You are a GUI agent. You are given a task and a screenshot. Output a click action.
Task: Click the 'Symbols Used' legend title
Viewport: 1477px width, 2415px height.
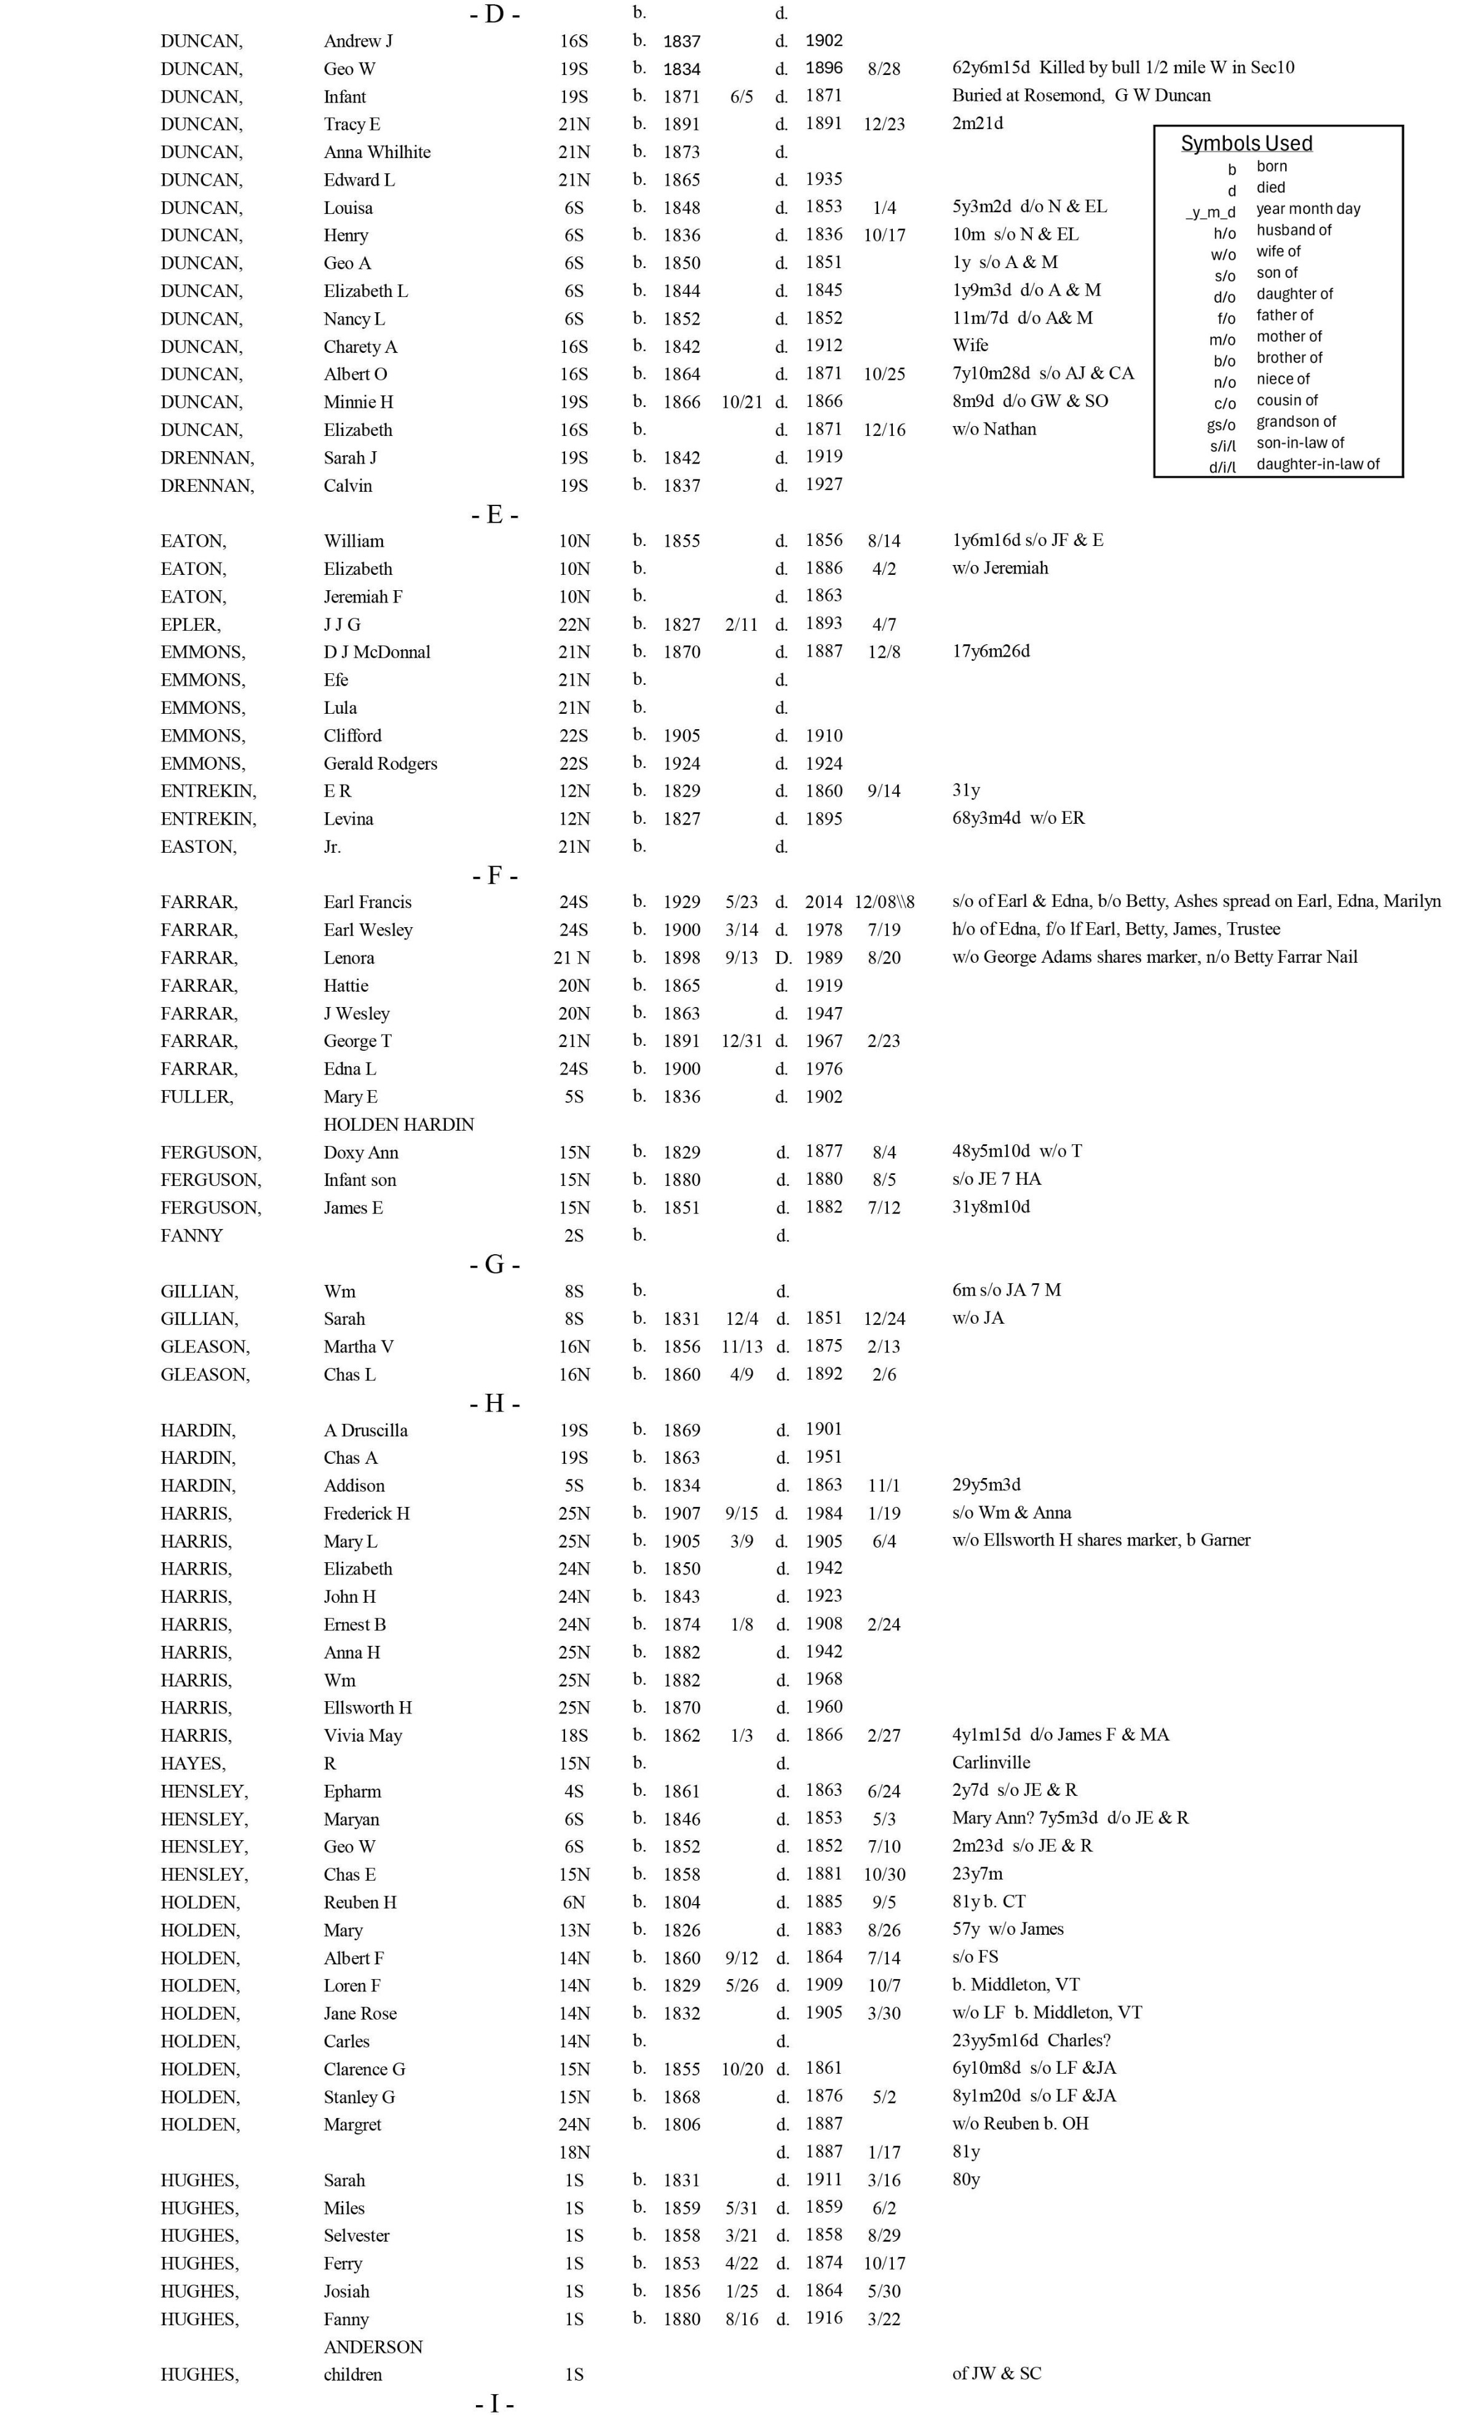tap(1246, 143)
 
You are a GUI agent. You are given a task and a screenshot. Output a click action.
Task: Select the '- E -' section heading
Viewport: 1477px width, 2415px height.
tap(495, 515)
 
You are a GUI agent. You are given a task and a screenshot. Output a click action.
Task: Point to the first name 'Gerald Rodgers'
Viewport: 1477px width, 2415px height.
tap(380, 764)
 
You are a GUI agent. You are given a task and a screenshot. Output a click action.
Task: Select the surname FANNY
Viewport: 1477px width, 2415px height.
tap(191, 1235)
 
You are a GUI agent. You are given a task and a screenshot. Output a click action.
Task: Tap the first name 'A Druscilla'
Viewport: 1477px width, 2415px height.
tap(366, 1430)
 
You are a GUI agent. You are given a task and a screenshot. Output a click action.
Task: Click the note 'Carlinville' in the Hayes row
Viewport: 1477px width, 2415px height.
tap(991, 1762)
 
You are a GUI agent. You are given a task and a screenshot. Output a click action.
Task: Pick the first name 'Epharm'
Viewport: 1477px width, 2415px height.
tap(352, 1791)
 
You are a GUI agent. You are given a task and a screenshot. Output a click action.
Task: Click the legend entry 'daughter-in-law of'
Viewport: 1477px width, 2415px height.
tap(1317, 465)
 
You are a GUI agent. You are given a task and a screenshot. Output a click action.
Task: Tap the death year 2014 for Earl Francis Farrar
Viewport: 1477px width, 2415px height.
tap(823, 902)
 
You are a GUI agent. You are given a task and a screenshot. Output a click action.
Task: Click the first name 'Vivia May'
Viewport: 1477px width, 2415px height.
tap(363, 1735)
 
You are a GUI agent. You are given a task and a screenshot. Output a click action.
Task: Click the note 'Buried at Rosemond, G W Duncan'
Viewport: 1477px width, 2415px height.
tap(1081, 95)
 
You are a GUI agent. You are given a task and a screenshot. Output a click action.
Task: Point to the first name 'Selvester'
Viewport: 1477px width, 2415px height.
tap(357, 2235)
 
